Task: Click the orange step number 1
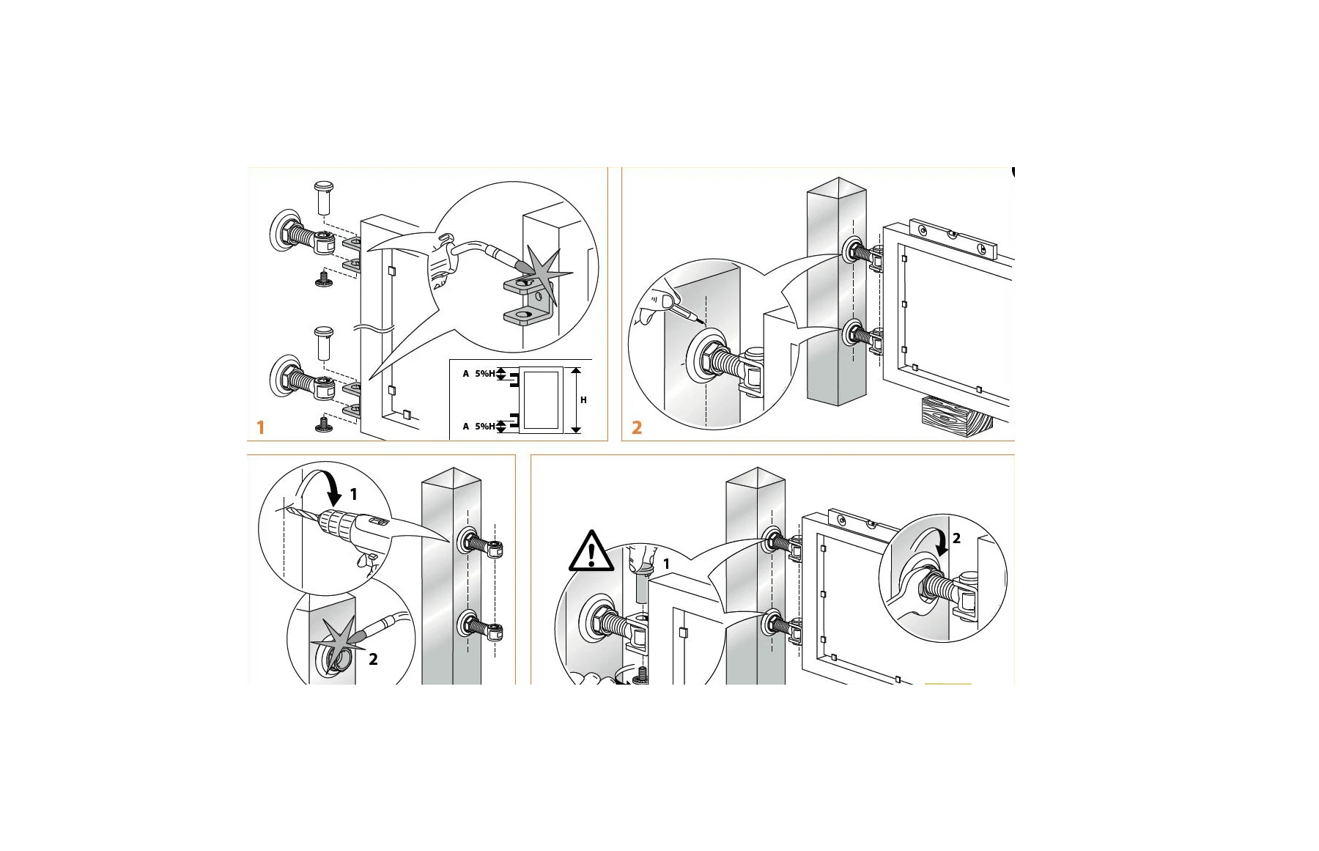pos(260,427)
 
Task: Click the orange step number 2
pos(636,427)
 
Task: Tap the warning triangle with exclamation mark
pos(591,552)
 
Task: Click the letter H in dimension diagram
pos(583,400)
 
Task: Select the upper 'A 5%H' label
pos(479,374)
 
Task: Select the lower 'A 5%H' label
pos(479,427)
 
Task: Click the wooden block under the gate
pos(953,416)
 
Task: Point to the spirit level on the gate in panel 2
pos(953,238)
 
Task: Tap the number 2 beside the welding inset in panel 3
pos(373,660)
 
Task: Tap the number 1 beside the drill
pos(353,495)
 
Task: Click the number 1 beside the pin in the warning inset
pos(666,564)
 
